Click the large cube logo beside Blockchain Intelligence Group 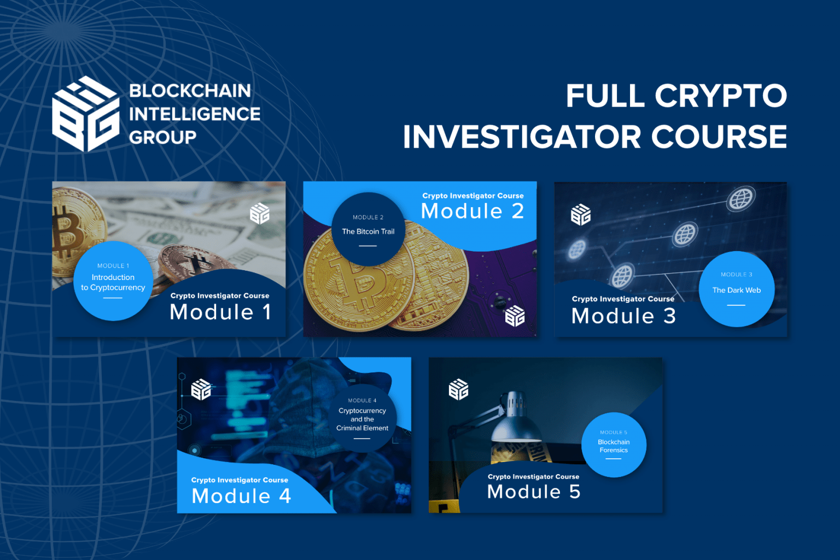click(86, 114)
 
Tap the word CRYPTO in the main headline click(721, 96)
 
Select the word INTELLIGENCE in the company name click(195, 114)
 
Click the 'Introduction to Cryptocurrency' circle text click(113, 282)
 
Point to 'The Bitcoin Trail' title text click(368, 231)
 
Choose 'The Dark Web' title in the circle click(737, 290)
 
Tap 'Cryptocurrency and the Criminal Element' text click(362, 419)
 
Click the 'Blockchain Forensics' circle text click(614, 446)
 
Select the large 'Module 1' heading click(220, 312)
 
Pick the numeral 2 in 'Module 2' click(518, 211)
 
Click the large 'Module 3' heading click(623, 316)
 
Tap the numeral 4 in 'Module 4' click(285, 496)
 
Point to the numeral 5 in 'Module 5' click(575, 491)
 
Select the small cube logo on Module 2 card click(515, 316)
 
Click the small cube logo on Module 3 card click(580, 215)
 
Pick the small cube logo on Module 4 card click(201, 390)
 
